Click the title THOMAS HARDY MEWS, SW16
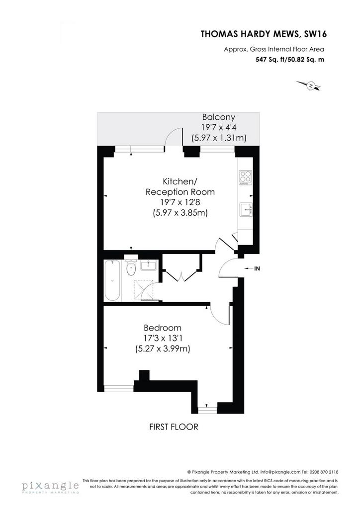tap(264, 34)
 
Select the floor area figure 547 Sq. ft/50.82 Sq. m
tap(290, 60)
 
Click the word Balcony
tap(218, 117)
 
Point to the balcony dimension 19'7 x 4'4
tap(218, 127)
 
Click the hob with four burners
tap(245, 177)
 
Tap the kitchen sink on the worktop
tap(246, 209)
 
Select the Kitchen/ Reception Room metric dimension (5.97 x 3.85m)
tap(180, 213)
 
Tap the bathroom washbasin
tap(149, 265)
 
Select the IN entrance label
tap(257, 268)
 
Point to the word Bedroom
tap(163, 328)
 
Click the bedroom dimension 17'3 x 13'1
tap(163, 338)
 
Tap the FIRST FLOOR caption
tap(174, 427)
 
